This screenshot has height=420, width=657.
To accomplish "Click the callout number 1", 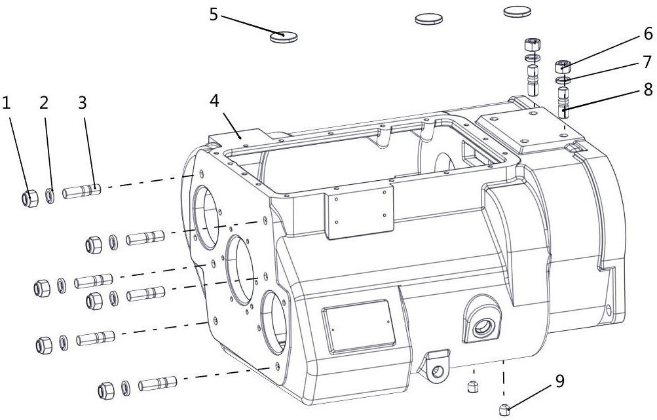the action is [6, 103].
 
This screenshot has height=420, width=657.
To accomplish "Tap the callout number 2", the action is [44, 103].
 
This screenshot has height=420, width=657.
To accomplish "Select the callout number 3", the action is [82, 103].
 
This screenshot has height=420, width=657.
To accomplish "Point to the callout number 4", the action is [214, 101].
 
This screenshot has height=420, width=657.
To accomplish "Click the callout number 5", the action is [214, 15].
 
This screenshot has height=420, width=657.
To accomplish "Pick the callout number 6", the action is [647, 33].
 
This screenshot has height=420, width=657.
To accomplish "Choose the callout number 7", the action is [647, 62].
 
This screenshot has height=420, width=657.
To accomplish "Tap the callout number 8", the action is [647, 89].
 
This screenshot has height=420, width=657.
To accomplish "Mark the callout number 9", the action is [560, 381].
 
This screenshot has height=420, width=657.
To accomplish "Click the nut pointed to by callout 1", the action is [30, 199].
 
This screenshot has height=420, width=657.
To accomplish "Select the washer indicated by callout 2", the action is [50, 196].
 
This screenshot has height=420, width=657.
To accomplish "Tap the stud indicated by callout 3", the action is [82, 191].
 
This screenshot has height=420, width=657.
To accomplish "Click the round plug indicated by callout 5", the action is [284, 37].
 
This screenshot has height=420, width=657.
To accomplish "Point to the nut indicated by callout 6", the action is [563, 67].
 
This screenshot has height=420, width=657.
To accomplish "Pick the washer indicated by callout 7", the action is [563, 80].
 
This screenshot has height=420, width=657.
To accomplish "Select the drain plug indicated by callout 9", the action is [504, 409].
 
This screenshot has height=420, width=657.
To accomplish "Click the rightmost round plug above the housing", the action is [517, 12].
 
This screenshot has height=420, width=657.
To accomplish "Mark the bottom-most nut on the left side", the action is [106, 391].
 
